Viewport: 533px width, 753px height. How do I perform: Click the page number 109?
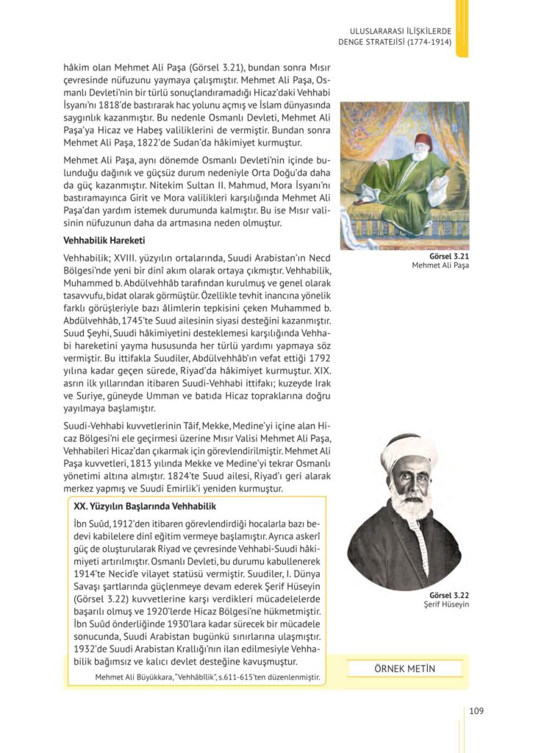click(x=476, y=710)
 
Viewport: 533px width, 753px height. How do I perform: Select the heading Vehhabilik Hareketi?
click(x=104, y=240)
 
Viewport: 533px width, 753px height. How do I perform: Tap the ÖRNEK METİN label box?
click(x=404, y=668)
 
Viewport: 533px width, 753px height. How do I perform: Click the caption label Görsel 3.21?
click(x=452, y=256)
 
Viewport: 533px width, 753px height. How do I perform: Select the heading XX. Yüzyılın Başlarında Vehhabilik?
click(x=145, y=506)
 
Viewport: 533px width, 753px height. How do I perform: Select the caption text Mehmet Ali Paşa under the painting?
click(x=440, y=265)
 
